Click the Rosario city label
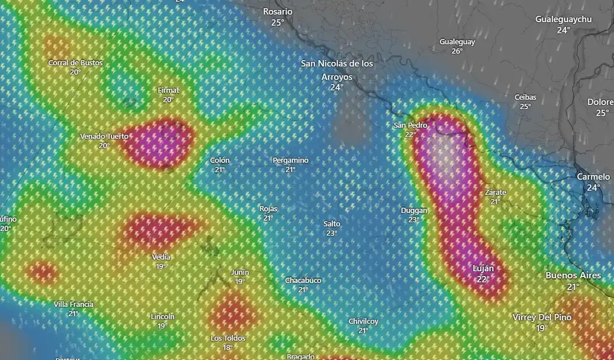(x=278, y=12)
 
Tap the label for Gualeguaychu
(x=563, y=19)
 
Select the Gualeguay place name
(x=457, y=42)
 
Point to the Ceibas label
(x=525, y=97)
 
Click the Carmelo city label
(x=593, y=177)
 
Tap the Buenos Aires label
(x=573, y=275)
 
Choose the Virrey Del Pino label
(x=542, y=317)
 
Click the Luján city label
(x=483, y=269)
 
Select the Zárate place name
(x=496, y=193)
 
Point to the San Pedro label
(x=410, y=125)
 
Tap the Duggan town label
(x=414, y=211)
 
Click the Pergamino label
(x=291, y=160)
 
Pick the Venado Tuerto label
(x=104, y=137)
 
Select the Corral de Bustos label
(x=75, y=63)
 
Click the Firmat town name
(x=169, y=90)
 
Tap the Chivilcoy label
(x=363, y=321)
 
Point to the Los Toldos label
(x=228, y=338)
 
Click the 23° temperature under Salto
(x=332, y=233)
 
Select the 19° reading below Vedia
(x=161, y=266)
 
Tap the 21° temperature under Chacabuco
(x=303, y=289)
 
